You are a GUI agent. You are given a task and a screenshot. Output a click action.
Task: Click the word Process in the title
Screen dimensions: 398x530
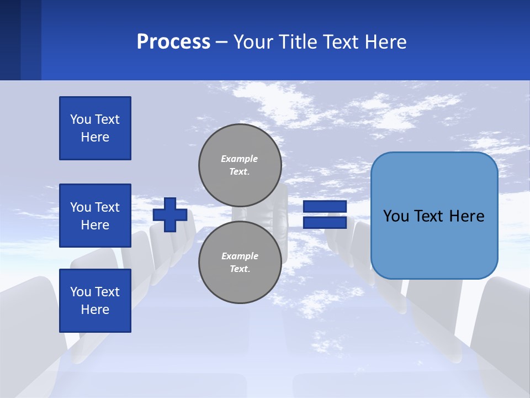click(173, 42)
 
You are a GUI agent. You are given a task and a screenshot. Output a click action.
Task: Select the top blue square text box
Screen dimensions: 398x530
click(95, 128)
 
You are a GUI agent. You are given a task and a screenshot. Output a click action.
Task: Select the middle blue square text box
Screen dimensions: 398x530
click(95, 216)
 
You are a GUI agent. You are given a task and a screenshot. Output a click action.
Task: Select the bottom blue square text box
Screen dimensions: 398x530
click(95, 301)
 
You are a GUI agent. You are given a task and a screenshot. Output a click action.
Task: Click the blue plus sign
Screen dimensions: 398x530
click(170, 214)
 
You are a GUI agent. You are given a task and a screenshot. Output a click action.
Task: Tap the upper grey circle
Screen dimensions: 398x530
click(240, 165)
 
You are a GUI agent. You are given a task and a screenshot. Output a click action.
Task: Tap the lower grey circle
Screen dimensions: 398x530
click(240, 262)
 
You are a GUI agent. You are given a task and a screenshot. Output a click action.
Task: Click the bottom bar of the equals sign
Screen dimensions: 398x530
click(325, 223)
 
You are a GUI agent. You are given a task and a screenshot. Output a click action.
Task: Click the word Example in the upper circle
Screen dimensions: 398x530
click(240, 159)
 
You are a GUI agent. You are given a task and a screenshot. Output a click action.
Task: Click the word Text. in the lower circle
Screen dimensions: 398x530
click(240, 269)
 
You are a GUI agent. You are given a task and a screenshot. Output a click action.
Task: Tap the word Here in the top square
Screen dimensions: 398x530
click(95, 137)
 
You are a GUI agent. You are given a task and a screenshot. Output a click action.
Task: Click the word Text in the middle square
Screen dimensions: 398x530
click(107, 207)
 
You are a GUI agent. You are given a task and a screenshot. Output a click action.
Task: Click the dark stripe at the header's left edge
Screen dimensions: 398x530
click(10, 40)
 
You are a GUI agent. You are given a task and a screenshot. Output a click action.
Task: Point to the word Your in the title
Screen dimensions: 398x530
click(253, 42)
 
